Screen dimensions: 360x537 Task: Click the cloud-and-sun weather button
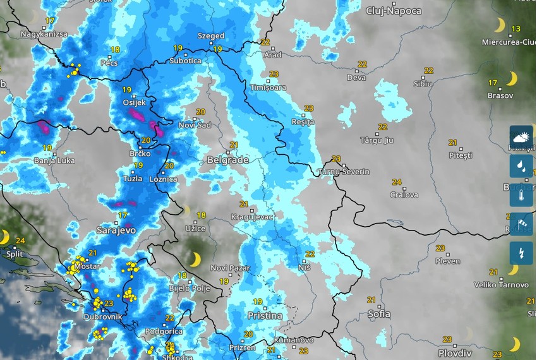521,137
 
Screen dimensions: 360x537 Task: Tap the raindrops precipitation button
521,166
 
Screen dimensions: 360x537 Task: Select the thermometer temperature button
521,195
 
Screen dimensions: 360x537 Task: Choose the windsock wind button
521,224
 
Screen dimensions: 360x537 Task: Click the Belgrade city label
227,160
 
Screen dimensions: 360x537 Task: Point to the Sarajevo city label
116,231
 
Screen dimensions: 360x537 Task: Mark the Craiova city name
404,195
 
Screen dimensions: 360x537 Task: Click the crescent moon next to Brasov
511,78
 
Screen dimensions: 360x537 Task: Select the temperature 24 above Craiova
396,183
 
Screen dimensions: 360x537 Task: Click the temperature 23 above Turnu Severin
335,159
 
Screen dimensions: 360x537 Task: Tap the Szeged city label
210,36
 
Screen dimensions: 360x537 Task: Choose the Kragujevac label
252,217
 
